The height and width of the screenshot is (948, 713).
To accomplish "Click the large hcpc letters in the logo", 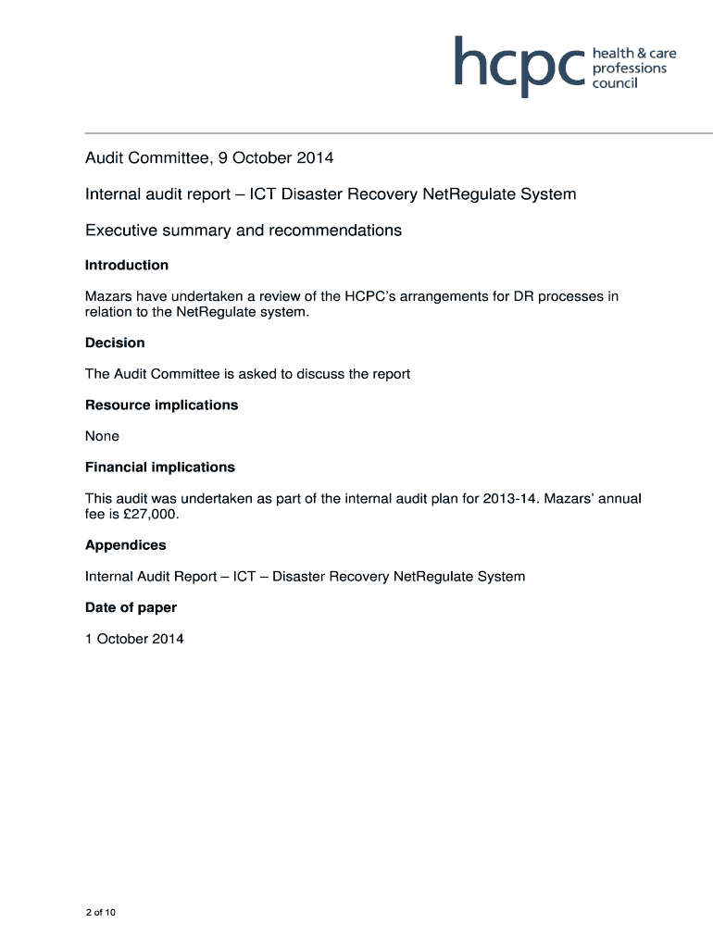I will click(x=519, y=64).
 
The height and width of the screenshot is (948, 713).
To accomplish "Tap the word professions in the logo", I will click(x=630, y=69).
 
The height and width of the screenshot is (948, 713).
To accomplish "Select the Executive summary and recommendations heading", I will click(x=244, y=230).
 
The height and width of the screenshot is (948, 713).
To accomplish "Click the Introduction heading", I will click(x=127, y=266).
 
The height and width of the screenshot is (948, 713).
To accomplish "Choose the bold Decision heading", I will click(x=115, y=343).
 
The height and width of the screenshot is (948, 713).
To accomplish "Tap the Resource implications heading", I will click(x=161, y=405).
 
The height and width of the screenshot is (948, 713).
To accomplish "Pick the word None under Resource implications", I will click(x=102, y=436).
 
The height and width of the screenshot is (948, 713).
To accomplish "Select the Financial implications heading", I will click(x=160, y=468).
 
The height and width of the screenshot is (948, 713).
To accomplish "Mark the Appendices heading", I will click(x=126, y=545).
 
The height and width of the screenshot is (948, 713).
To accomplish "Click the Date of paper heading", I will click(x=131, y=607).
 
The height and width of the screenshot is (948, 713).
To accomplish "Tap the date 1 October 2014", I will click(x=134, y=639).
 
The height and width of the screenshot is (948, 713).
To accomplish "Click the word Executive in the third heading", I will click(x=122, y=230).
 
